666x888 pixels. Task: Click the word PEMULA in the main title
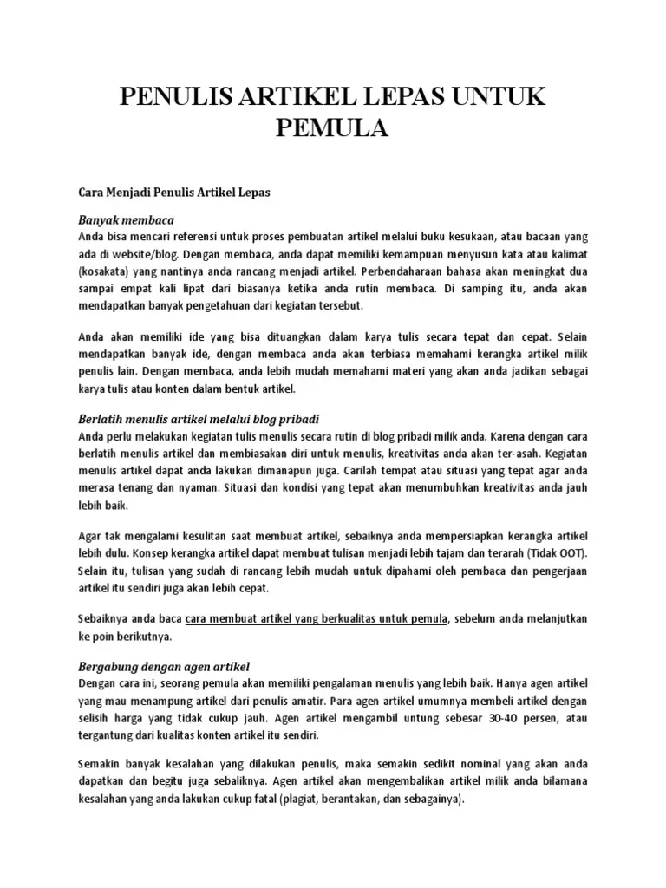pyautogui.click(x=333, y=130)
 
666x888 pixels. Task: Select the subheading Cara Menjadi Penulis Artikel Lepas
pyautogui.click(x=174, y=193)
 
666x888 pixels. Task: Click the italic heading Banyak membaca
pyautogui.click(x=127, y=220)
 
